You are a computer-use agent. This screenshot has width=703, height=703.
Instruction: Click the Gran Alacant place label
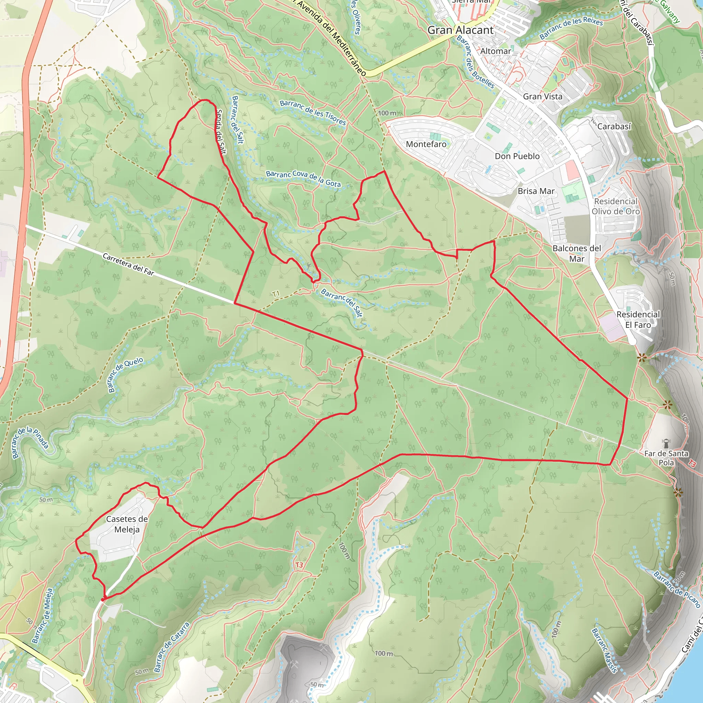tap(460, 30)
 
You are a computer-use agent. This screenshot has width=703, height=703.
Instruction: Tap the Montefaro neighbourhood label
tap(426, 145)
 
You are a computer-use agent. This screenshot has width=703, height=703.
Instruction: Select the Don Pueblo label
tap(517, 157)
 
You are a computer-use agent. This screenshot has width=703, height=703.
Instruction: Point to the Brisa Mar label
tap(536, 192)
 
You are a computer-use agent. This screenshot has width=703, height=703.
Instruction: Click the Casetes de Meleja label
tap(127, 525)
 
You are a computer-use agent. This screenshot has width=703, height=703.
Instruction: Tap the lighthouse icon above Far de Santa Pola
tap(667, 443)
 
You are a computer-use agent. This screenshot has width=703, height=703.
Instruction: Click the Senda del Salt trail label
tap(221, 132)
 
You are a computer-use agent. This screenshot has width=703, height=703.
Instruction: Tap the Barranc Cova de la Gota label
tap(303, 178)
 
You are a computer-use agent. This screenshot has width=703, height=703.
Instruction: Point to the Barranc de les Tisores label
tap(313, 113)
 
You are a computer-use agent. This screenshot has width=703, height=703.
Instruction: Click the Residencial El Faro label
tap(638, 320)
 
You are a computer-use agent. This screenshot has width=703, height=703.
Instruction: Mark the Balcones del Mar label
tap(577, 253)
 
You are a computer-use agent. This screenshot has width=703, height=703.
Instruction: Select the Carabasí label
tap(614, 127)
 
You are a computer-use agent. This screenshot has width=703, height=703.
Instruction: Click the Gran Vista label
tap(543, 97)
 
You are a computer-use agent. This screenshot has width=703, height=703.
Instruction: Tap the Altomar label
tap(496, 51)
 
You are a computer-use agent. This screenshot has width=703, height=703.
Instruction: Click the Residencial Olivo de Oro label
tap(616, 206)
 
